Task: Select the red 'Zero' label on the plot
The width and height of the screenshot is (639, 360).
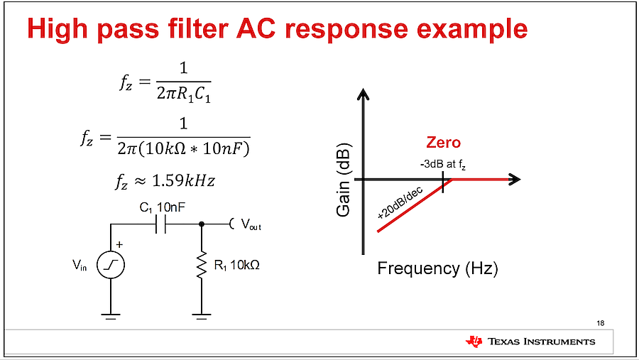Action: coord(443,143)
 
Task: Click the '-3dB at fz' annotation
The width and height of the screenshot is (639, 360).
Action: coord(442,165)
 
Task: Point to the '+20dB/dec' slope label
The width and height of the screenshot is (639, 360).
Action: coord(400,202)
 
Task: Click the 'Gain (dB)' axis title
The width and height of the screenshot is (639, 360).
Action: coord(344,180)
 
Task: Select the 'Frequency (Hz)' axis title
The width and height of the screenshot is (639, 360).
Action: coord(437,268)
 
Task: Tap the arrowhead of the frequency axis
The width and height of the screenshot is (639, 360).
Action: coord(515,180)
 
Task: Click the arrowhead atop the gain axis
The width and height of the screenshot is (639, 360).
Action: coord(363,94)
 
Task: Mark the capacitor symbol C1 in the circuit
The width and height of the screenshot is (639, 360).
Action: coord(160,224)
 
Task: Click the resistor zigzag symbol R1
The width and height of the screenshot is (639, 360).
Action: coord(202,265)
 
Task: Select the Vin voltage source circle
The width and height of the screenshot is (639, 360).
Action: coord(111,265)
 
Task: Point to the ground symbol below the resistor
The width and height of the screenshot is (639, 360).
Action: coord(202,317)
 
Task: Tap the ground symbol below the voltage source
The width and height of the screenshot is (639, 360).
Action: coord(111,317)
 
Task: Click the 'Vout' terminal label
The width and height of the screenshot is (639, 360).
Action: coord(251,224)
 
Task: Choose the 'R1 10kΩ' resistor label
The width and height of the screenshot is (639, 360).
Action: coord(236,266)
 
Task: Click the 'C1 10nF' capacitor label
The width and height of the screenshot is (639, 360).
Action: coord(162,207)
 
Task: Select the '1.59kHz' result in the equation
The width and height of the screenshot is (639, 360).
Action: coord(183,180)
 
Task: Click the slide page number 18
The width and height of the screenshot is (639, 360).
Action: coord(600,323)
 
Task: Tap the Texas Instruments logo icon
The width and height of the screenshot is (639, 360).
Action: coord(474,342)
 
